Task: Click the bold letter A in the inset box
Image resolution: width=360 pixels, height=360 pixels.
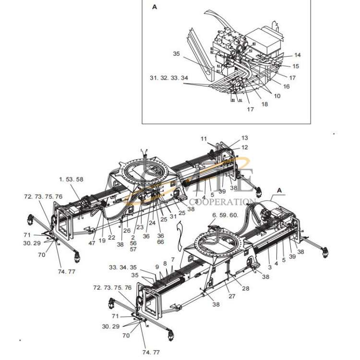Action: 154,7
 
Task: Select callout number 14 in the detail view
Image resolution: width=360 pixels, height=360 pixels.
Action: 297,55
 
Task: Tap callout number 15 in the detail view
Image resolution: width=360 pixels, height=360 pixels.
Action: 296,66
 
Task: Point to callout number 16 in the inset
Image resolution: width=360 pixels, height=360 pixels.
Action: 286,86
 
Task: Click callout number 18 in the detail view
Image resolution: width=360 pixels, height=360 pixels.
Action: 264,104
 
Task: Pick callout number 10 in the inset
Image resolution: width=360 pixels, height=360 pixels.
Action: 277,96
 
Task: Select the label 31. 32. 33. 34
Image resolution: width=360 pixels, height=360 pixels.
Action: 165,77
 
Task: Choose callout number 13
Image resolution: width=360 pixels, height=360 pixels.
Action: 245,138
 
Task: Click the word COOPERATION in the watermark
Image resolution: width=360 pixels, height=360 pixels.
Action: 223,202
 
